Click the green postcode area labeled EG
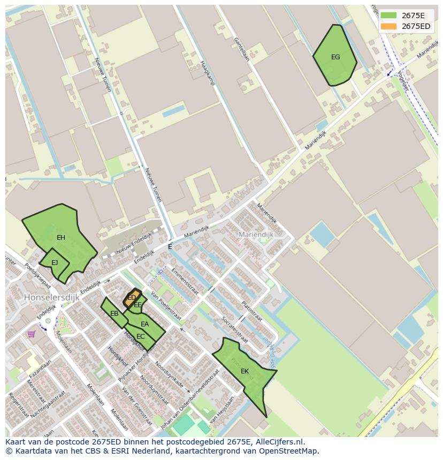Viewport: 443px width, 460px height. [x=335, y=56]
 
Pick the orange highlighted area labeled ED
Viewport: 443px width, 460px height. [x=132, y=298]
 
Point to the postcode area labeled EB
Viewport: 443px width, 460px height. [x=113, y=313]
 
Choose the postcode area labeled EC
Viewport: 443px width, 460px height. [x=140, y=337]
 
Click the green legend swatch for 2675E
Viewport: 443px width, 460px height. [x=388, y=15]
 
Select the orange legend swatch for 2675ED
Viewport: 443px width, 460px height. [x=388, y=26]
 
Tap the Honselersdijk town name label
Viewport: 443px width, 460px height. [x=51, y=297]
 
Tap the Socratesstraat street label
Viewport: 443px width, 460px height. [x=235, y=330]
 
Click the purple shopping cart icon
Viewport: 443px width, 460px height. [x=32, y=334]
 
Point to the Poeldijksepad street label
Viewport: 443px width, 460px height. [x=37, y=272]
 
